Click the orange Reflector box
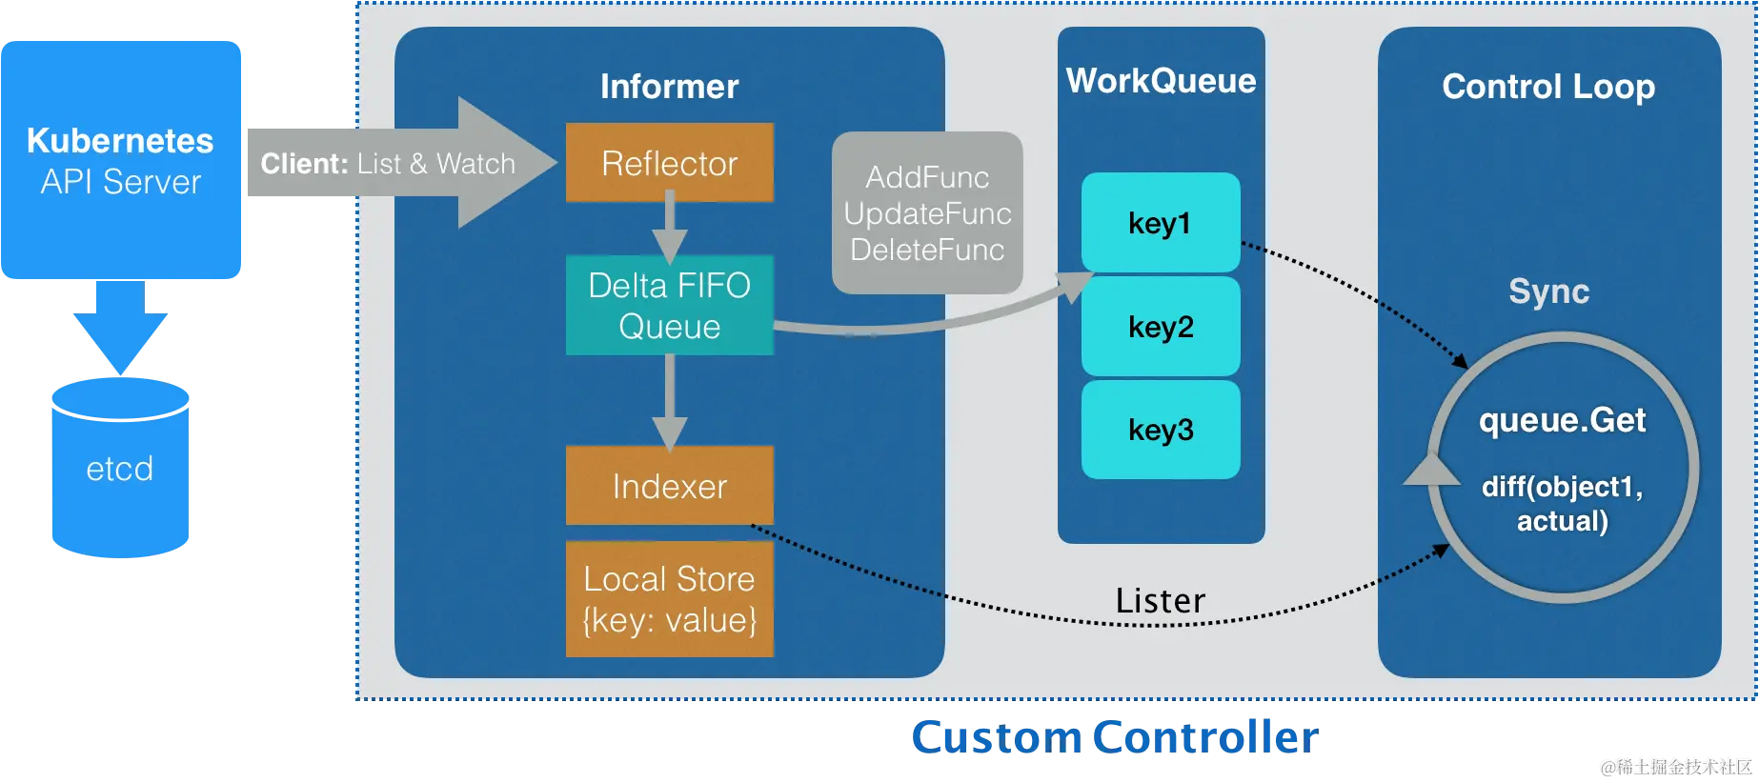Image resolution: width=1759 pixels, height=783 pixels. pos(669,163)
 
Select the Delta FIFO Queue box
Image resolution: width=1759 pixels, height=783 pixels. pos(669,306)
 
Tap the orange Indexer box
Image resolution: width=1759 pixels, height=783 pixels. pos(669,486)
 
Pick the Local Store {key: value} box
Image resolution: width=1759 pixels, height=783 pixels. pos(669,599)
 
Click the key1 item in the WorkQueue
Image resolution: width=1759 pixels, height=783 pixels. pos(1160,223)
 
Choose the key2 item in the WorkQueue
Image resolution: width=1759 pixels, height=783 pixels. pos(1160,327)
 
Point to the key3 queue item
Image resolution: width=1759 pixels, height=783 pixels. pos(1160,430)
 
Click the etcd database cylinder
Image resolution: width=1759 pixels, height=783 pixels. pos(119,469)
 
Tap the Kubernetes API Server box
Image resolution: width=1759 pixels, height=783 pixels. pos(121,160)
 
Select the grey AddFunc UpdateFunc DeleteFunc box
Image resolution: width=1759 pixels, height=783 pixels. pos(927,213)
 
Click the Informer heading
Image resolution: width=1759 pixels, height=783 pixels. pos(669,87)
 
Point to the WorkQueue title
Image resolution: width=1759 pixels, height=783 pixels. pos(1161,81)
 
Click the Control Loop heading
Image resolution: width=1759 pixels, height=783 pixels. pos(1548,87)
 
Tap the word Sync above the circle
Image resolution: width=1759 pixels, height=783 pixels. pos(1548,291)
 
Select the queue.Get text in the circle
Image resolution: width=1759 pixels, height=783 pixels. pos(1562,420)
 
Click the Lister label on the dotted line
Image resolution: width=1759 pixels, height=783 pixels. pos(1160,601)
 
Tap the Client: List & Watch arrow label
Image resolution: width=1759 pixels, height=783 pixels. pos(388,164)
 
